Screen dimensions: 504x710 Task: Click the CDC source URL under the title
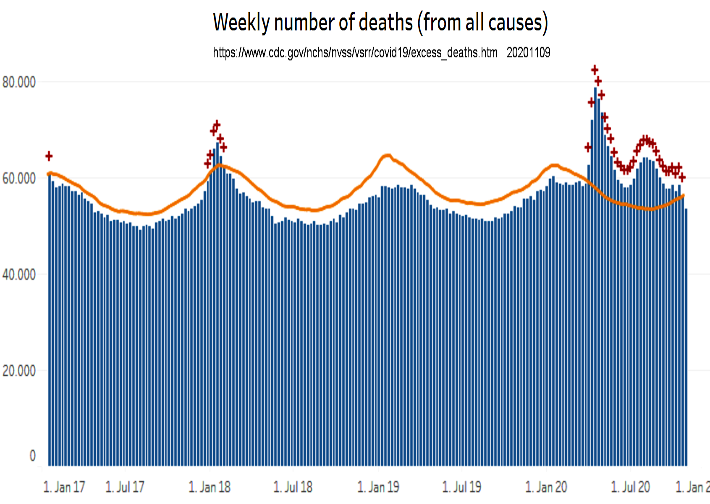[x=355, y=53]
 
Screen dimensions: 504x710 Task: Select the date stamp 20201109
[x=528, y=53]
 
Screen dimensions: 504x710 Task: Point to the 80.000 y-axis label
[x=19, y=82]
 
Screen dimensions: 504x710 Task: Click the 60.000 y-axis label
[x=19, y=179]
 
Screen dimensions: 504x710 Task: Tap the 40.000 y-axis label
[x=19, y=275]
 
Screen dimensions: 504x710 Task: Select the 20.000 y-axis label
[x=19, y=371]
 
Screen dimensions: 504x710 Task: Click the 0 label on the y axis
[x=32, y=456]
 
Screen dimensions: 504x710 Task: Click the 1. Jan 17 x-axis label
[x=64, y=487]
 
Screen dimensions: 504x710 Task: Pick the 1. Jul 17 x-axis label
[x=125, y=487]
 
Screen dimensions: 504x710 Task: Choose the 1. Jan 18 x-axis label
[x=210, y=487]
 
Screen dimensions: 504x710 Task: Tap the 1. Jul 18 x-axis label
[x=293, y=487]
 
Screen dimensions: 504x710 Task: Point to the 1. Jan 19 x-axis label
[x=378, y=487]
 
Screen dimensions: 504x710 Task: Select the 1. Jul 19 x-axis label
[x=461, y=487]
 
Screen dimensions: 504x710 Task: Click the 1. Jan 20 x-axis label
[x=546, y=487]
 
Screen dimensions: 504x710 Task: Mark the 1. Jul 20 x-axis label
[x=630, y=487]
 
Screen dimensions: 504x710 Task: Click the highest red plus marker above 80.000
[x=595, y=70]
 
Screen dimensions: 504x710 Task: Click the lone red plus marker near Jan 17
[x=49, y=156]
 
